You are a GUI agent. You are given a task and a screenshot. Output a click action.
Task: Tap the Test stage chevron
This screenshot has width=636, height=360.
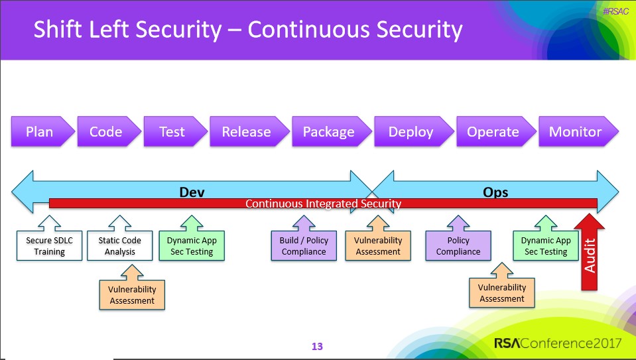(173, 132)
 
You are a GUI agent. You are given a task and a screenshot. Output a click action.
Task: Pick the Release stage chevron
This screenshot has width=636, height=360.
(247, 132)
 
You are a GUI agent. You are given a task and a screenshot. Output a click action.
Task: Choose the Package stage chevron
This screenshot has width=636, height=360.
(330, 132)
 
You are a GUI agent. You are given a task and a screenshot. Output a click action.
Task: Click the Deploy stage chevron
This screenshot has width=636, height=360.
(412, 132)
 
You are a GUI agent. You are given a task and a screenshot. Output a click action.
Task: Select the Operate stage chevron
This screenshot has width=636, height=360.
(494, 132)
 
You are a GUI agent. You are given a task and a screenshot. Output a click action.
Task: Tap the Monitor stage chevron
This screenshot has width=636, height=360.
(576, 132)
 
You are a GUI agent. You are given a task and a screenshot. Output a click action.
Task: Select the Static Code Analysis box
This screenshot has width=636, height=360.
(120, 246)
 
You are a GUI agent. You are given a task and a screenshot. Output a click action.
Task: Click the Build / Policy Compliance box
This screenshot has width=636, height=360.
(304, 246)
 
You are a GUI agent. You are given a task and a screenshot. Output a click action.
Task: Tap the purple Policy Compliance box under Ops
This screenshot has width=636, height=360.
(458, 246)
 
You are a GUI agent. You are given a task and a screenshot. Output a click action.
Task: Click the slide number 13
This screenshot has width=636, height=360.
(317, 346)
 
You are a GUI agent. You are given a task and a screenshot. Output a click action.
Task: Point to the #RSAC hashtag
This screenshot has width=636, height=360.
(615, 11)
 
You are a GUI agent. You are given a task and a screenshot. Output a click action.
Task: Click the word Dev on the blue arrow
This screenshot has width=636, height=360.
(192, 192)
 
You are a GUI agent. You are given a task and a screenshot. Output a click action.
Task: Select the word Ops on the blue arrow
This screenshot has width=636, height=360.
(495, 192)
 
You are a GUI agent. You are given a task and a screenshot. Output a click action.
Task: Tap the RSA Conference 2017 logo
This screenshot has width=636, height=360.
(557, 343)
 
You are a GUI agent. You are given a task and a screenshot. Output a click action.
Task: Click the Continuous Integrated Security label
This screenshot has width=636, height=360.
(323, 204)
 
